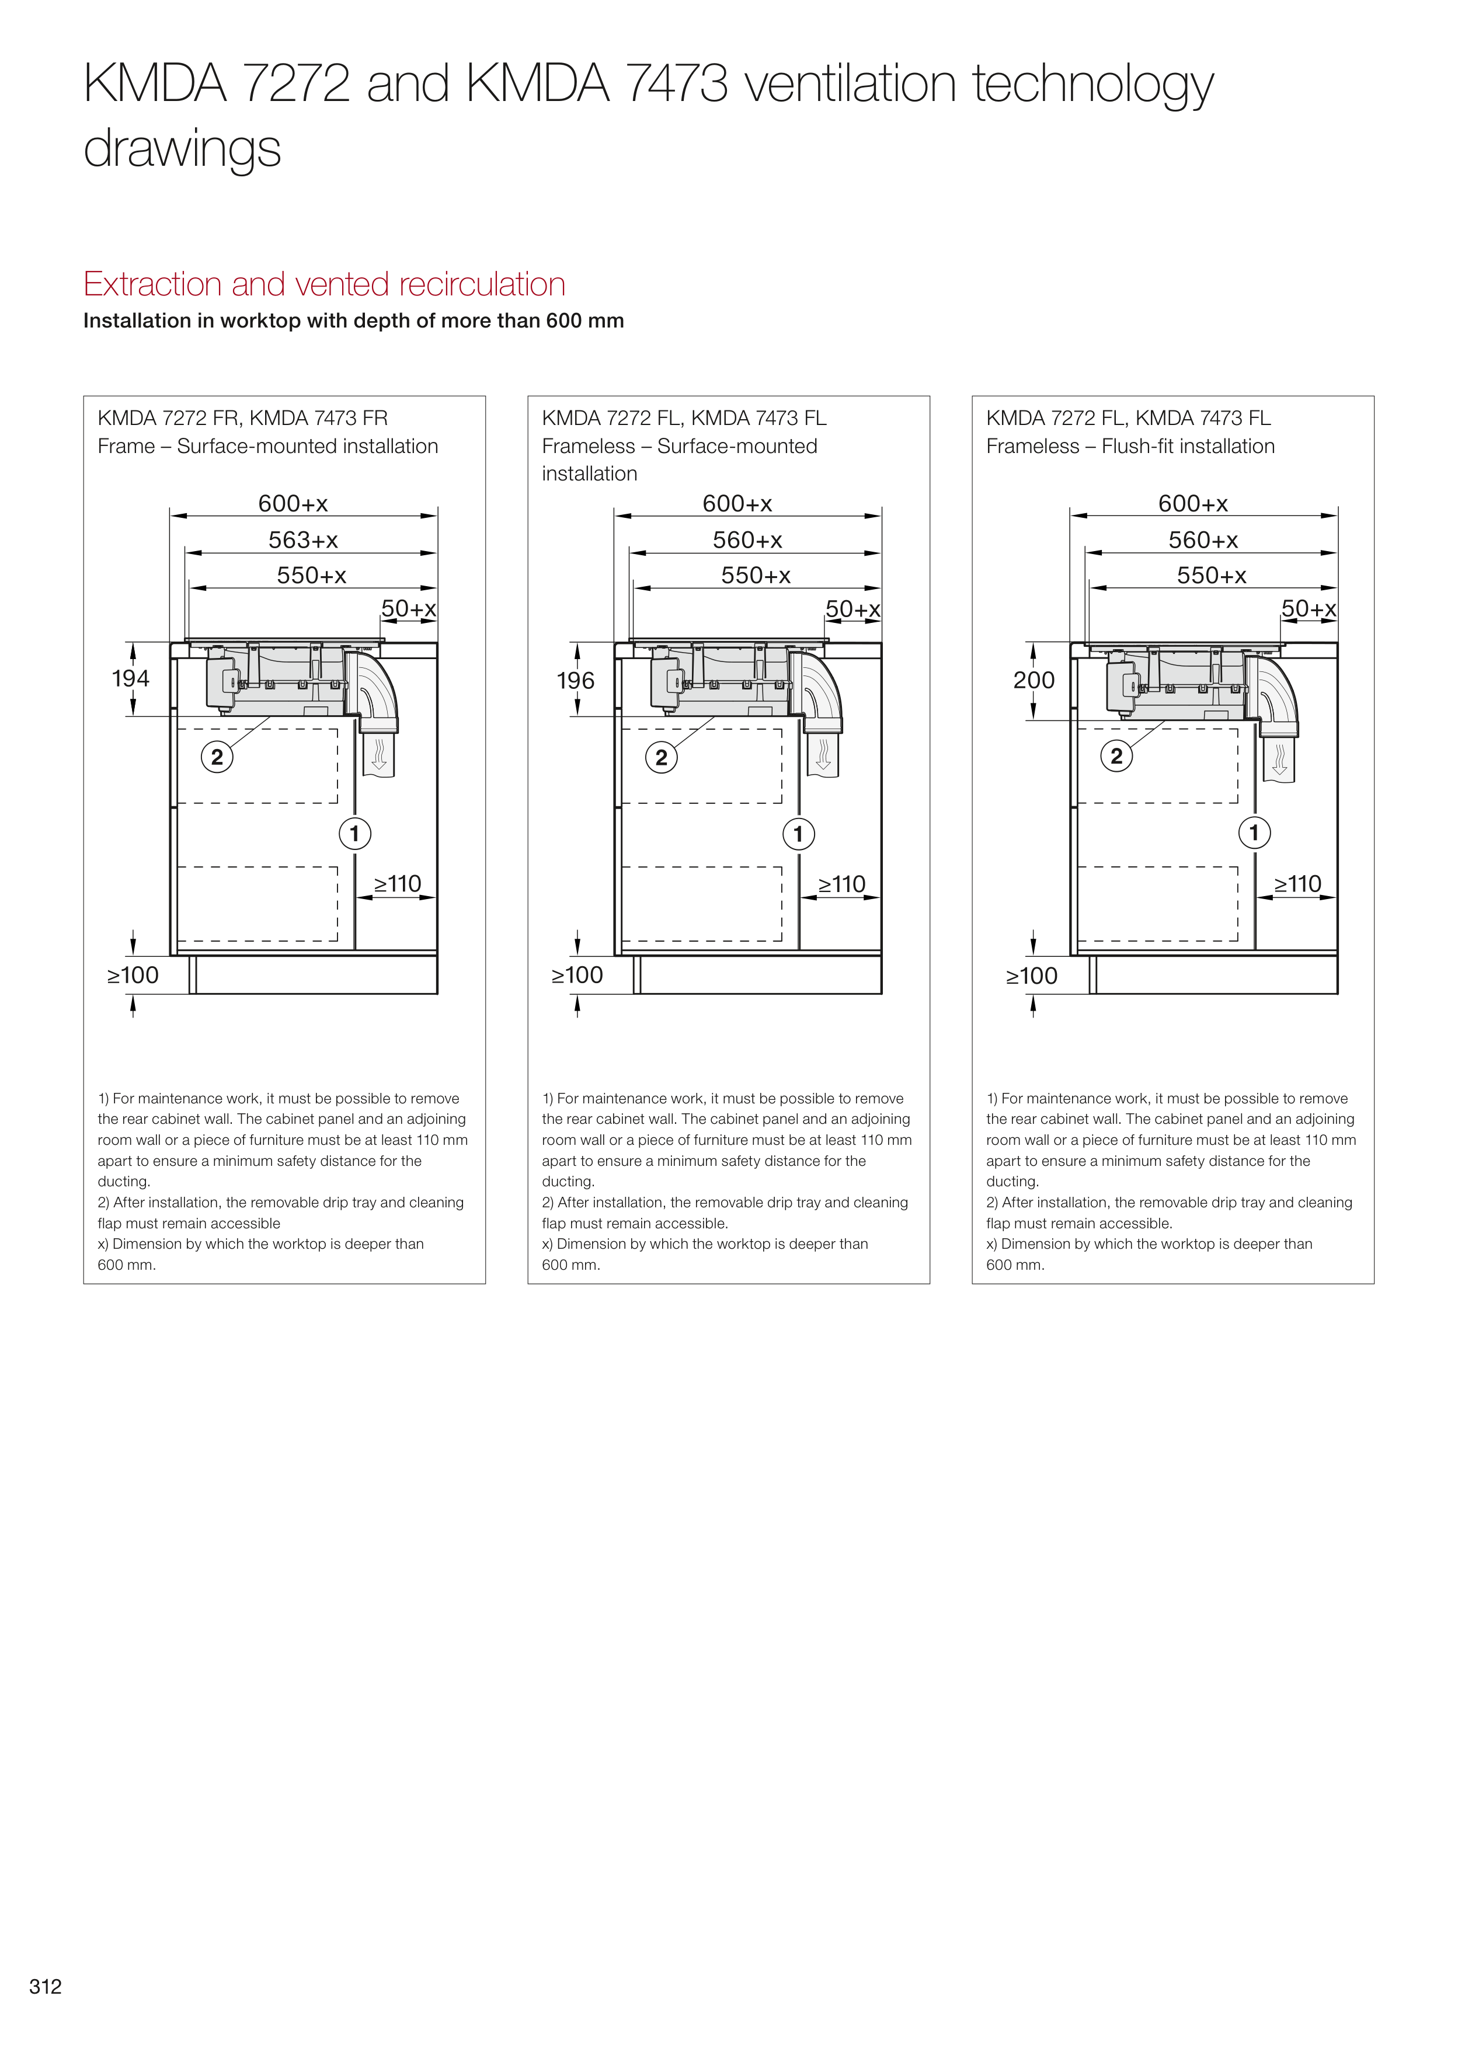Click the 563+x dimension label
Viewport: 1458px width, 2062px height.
[x=302, y=540]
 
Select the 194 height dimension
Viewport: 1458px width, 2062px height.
[x=130, y=678]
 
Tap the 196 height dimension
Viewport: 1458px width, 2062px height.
[x=575, y=681]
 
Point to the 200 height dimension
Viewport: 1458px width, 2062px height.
[x=1033, y=680]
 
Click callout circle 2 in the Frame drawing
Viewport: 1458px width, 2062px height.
[x=217, y=757]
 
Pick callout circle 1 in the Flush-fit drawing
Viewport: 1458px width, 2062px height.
[x=1254, y=833]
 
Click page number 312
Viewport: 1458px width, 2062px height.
[x=45, y=1986]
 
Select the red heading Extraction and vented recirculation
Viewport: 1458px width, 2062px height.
[x=324, y=284]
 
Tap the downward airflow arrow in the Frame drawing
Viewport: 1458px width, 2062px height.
[x=379, y=754]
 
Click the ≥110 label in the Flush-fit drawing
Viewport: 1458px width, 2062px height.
[x=1297, y=884]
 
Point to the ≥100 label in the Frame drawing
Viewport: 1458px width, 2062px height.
[x=133, y=976]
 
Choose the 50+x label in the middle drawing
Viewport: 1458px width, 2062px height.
[x=852, y=609]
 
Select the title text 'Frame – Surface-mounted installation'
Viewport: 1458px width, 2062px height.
[x=267, y=447]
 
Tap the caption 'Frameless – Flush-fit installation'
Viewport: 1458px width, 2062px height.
[x=1130, y=447]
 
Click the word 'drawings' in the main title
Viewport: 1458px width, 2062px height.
[x=182, y=149]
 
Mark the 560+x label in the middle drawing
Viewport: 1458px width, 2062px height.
[x=747, y=540]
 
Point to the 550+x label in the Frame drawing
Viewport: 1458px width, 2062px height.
[x=311, y=575]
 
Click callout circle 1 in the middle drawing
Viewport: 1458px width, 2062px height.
[x=798, y=834]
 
